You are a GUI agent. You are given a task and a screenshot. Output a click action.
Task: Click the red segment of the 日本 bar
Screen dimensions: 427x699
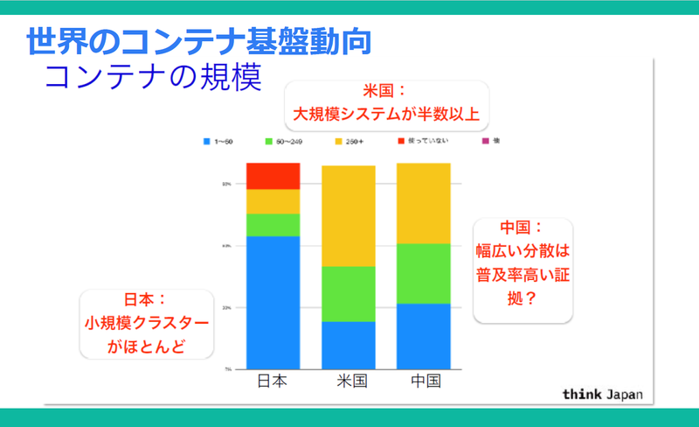(x=273, y=176)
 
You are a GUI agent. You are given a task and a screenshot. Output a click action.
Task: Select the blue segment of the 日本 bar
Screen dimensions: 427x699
(x=273, y=302)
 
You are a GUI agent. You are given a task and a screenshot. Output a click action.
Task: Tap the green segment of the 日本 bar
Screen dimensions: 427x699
(x=273, y=225)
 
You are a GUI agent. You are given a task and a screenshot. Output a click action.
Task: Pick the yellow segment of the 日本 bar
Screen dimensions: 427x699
(x=273, y=201)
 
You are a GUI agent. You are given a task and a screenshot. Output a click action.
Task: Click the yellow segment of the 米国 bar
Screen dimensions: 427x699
(x=348, y=216)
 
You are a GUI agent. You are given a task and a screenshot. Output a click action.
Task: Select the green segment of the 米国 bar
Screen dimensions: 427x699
(x=348, y=294)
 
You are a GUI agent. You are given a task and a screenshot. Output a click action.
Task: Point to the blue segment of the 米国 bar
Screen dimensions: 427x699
(x=348, y=345)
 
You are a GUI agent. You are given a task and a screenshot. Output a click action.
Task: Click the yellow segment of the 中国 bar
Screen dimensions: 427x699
(x=423, y=203)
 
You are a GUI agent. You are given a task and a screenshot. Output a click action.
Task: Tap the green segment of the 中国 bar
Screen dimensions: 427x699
(x=423, y=273)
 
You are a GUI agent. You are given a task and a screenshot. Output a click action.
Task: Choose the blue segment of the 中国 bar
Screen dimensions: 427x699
(x=423, y=336)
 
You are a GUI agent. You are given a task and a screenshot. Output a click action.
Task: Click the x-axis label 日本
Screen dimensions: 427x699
(x=273, y=382)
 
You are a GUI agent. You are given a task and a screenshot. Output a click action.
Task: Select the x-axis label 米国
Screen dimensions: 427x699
(x=349, y=382)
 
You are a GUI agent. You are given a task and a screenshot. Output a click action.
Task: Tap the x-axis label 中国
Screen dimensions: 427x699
(x=424, y=382)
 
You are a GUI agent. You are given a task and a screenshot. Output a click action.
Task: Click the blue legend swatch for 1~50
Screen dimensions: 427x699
(x=206, y=140)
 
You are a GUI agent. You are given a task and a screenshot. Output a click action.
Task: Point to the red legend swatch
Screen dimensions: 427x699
(x=401, y=140)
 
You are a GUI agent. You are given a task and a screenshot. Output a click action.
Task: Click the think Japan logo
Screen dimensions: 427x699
(x=602, y=394)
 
